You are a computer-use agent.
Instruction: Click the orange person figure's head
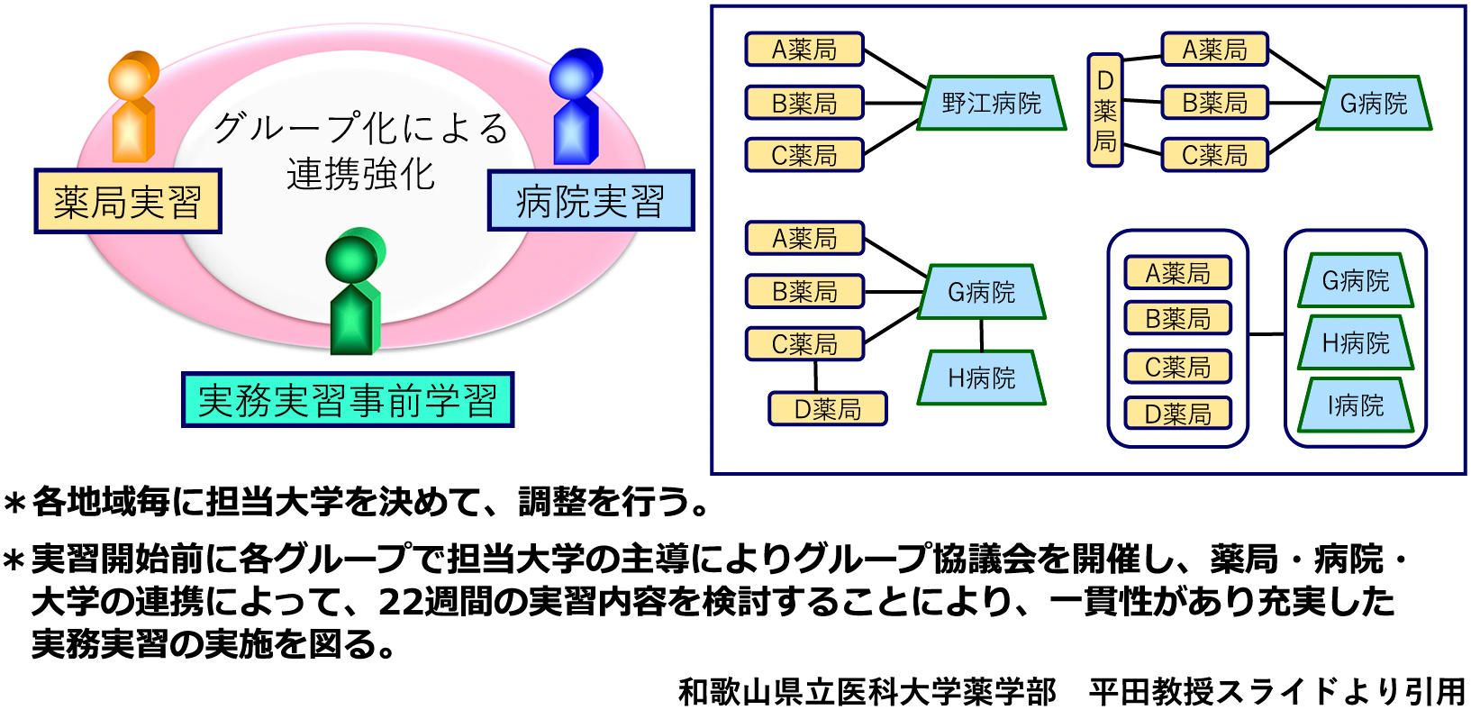click(133, 76)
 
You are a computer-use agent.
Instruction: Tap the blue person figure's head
click(576, 74)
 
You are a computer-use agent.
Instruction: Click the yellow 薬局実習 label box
click(128, 202)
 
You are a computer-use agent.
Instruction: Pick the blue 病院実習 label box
click(591, 201)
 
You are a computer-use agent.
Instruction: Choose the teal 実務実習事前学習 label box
click(348, 400)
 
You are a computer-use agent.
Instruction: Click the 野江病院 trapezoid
click(992, 103)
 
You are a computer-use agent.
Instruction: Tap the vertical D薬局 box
click(1105, 110)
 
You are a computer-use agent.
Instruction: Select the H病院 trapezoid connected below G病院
click(982, 378)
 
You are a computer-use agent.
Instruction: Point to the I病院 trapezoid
click(1356, 405)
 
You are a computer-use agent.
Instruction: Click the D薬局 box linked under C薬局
click(828, 409)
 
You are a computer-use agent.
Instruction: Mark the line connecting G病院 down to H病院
click(982, 335)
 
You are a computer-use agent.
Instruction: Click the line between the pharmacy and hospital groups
click(1267, 335)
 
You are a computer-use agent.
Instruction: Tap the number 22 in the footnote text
click(401, 602)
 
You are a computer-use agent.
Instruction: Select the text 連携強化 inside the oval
click(360, 175)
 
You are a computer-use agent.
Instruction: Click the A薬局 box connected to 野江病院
click(804, 50)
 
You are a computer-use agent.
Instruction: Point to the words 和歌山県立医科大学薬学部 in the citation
click(867, 692)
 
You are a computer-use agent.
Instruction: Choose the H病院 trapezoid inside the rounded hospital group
click(1356, 343)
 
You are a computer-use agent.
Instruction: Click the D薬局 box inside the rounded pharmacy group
click(1178, 414)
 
